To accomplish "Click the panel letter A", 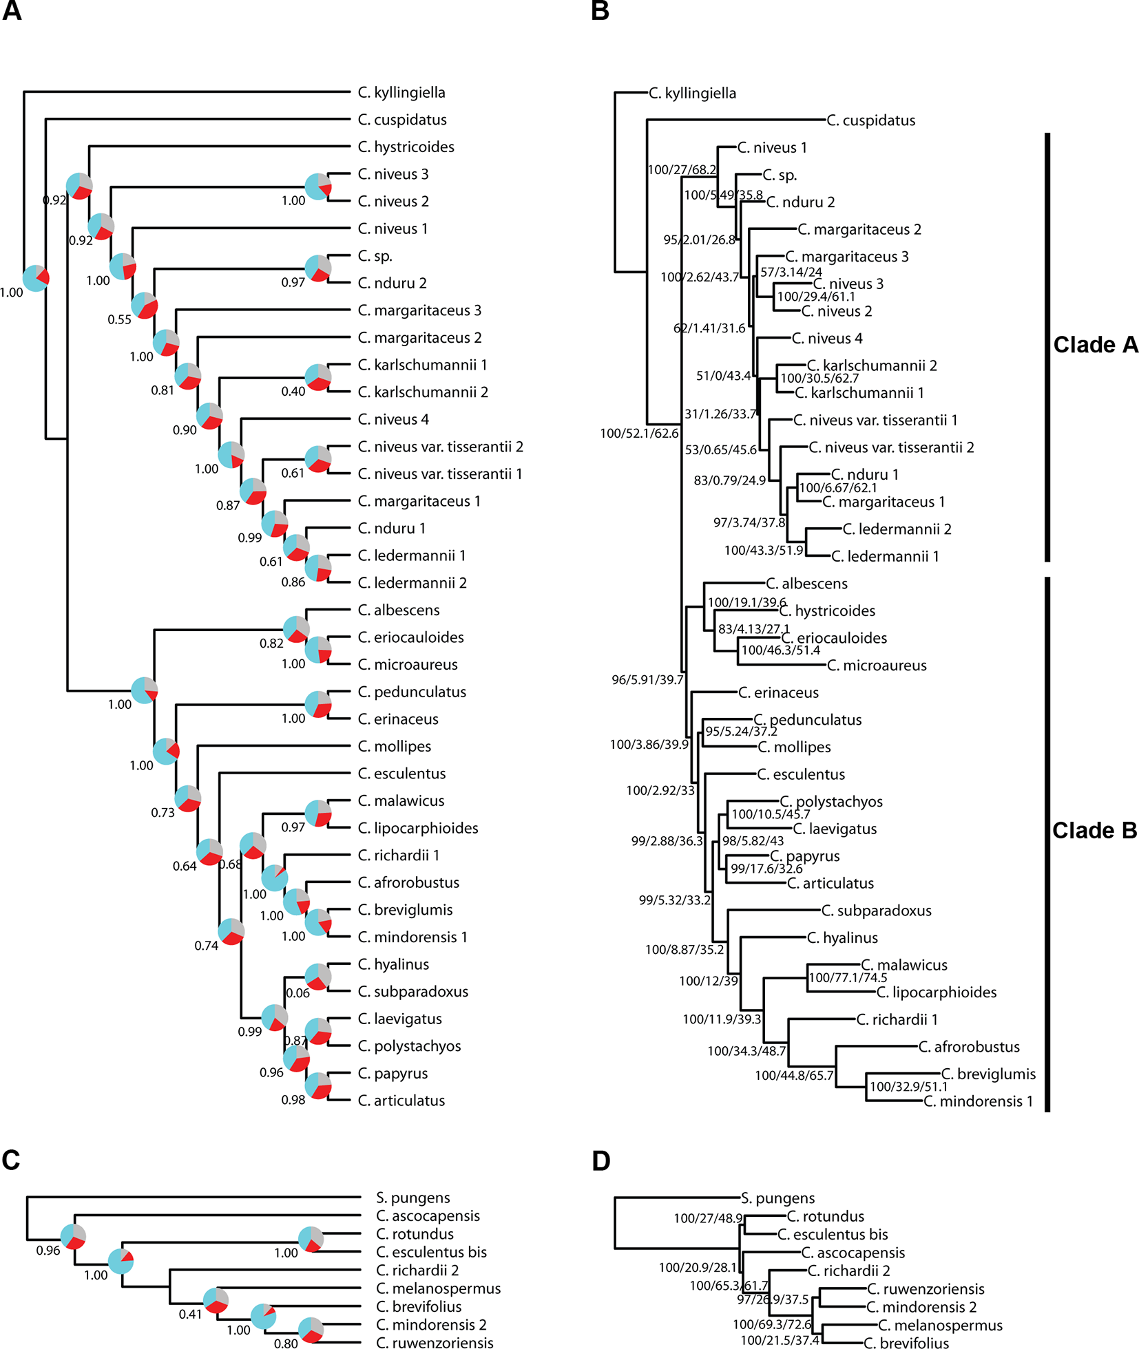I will click(12, 12).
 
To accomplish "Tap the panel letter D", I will click(600, 1161).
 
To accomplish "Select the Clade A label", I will click(1095, 345).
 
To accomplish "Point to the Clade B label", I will click(1094, 831).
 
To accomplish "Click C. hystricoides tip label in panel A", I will click(406, 147).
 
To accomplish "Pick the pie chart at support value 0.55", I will click(145, 306).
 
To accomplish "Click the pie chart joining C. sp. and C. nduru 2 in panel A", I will click(318, 268).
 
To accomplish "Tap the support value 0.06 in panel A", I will click(297, 993).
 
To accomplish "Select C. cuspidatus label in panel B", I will click(870, 120).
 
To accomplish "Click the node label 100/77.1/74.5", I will click(848, 978).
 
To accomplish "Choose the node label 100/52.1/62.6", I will click(639, 434).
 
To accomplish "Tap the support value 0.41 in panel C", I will click(190, 1314).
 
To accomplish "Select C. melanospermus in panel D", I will click(940, 1325).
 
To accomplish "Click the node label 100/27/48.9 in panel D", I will click(708, 1218).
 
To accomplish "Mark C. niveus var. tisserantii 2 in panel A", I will click(440, 447).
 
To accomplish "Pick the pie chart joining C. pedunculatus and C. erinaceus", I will click(318, 705).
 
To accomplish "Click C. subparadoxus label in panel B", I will click(876, 911).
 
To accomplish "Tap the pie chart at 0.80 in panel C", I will click(311, 1330).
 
